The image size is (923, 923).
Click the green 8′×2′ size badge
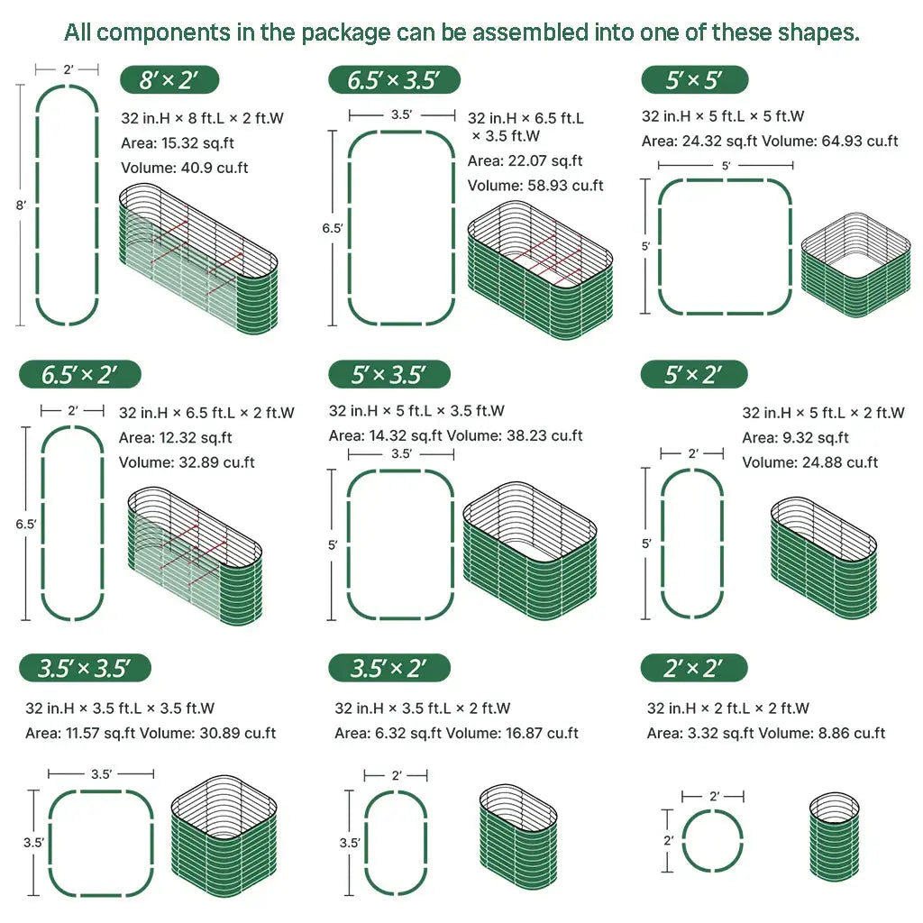[x=169, y=79]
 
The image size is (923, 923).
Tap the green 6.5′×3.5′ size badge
[x=394, y=79]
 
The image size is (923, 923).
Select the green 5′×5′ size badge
[x=694, y=79]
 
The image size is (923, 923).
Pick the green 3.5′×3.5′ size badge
[x=85, y=668]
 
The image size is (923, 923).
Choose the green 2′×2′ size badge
[x=694, y=668]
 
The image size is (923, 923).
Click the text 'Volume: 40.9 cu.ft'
[x=185, y=168]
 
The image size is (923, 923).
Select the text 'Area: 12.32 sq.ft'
[x=176, y=438]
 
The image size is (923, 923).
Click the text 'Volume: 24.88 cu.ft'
[x=810, y=462]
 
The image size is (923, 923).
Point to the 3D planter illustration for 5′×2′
[x=823, y=557]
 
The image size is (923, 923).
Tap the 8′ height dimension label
[x=20, y=205]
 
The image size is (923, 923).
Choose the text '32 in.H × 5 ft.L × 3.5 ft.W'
[x=416, y=411]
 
